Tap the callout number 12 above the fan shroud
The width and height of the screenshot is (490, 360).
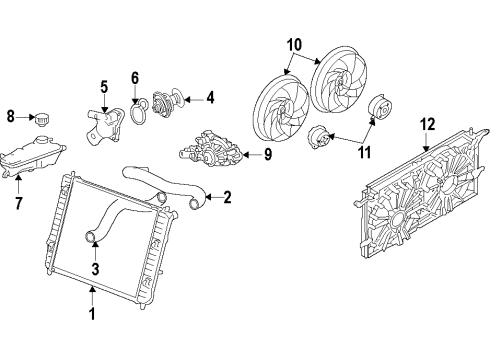[428, 125]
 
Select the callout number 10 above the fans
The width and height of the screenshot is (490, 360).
[293, 46]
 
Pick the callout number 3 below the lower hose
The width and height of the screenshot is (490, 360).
[94, 267]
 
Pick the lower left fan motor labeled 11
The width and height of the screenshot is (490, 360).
[317, 138]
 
